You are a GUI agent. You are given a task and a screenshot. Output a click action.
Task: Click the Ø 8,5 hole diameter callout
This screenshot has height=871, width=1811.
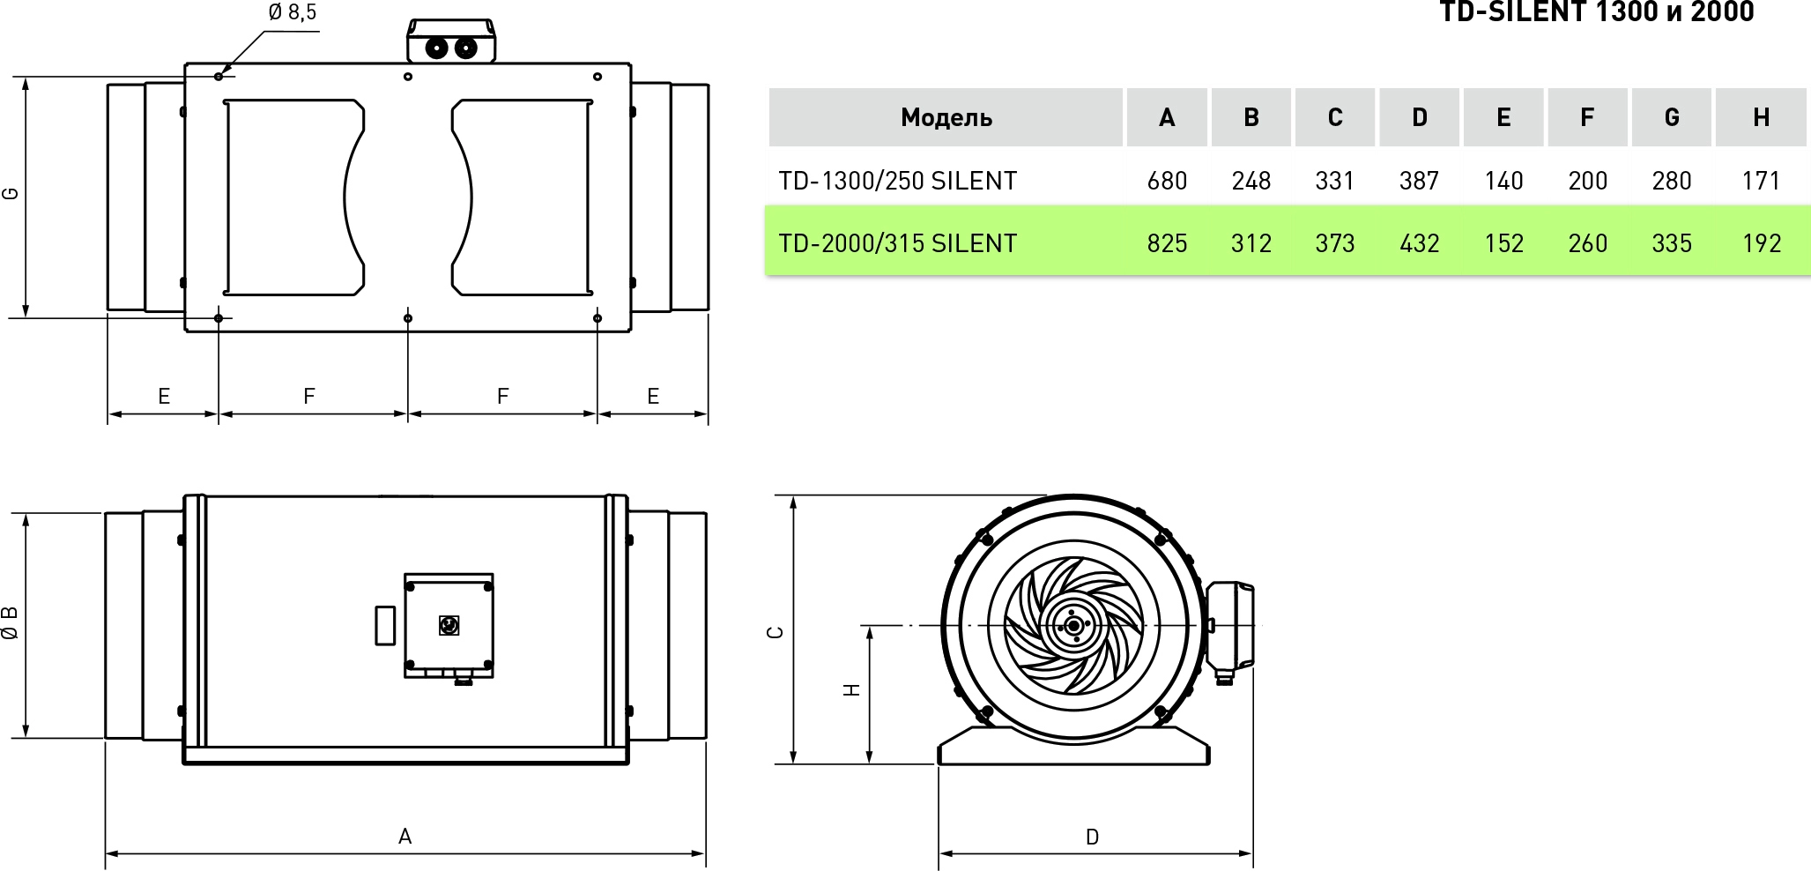pyautogui.click(x=293, y=12)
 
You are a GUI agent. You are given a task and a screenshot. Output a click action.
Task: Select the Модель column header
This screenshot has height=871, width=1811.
pyautogui.click(x=946, y=117)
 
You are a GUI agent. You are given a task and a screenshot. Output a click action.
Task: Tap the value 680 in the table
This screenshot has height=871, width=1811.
pyautogui.click(x=1167, y=181)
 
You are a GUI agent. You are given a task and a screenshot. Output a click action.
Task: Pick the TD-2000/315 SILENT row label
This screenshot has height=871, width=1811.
pyautogui.click(x=897, y=243)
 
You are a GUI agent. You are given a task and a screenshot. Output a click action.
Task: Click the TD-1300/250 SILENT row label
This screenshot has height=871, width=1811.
pyautogui.click(x=897, y=181)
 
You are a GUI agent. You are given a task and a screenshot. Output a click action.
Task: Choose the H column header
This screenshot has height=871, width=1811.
pyautogui.click(x=1761, y=117)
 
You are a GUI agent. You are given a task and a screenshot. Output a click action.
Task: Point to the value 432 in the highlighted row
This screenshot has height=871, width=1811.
pyautogui.click(x=1419, y=243)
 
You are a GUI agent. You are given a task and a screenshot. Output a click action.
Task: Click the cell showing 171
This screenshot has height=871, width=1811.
pyautogui.click(x=1761, y=181)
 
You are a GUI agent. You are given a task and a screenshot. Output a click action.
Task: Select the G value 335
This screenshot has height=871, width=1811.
pyautogui.click(x=1671, y=243)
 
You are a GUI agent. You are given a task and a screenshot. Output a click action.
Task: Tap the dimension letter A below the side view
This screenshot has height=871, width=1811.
pyautogui.click(x=405, y=836)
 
